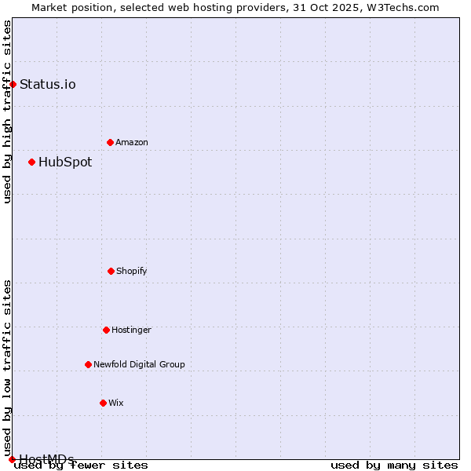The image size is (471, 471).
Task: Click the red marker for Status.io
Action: pyautogui.click(x=13, y=84)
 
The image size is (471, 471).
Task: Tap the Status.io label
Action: pyautogui.click(x=48, y=85)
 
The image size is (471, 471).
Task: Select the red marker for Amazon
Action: pyautogui.click(x=110, y=142)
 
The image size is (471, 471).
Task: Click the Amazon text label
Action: pyautogui.click(x=132, y=143)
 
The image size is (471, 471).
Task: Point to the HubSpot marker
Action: pyautogui.click(x=31, y=162)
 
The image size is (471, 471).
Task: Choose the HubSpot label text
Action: pyautogui.click(x=65, y=162)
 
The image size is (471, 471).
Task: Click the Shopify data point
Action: pyautogui.click(x=111, y=271)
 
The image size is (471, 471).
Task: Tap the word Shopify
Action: pyautogui.click(x=132, y=272)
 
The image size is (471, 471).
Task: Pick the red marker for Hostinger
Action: pyautogui.click(x=106, y=330)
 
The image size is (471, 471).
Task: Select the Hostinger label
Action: pyautogui.click(x=131, y=330)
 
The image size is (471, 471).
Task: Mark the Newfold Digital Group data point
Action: pyautogui.click(x=88, y=364)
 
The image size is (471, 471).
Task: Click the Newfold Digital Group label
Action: pyautogui.click(x=139, y=365)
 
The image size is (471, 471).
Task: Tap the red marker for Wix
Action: pyautogui.click(x=103, y=403)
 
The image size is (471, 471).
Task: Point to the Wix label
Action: pyautogui.click(x=116, y=403)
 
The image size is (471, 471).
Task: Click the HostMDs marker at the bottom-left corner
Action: pyautogui.click(x=12, y=459)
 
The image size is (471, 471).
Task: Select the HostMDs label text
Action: pyautogui.click(x=46, y=459)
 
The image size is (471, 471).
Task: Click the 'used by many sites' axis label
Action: pyautogui.click(x=394, y=466)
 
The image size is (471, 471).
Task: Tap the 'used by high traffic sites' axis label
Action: pyautogui.click(x=7, y=111)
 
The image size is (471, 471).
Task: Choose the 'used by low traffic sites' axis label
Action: pyautogui.click(x=7, y=367)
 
